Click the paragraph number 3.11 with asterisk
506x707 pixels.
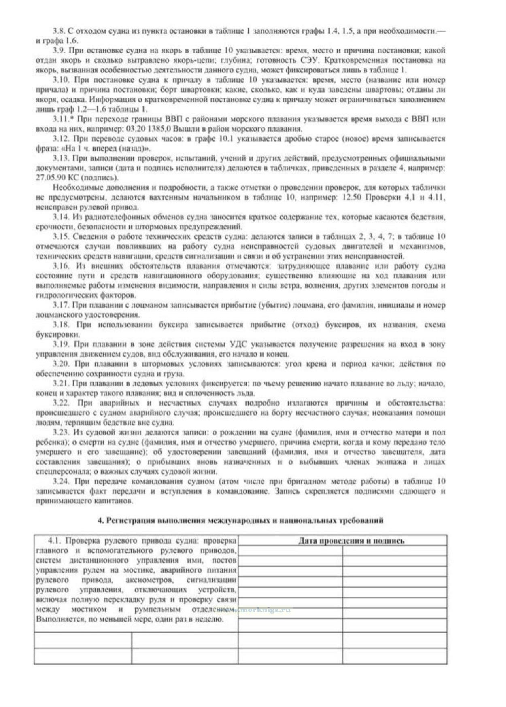(x=62, y=119)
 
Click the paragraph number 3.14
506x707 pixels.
(x=60, y=217)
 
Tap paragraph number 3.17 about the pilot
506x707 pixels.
(x=60, y=305)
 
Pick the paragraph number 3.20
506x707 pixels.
(x=60, y=364)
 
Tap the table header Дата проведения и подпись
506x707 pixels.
(x=351, y=541)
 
